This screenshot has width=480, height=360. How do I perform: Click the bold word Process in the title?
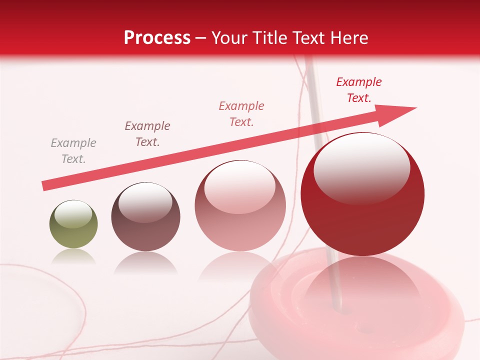(157, 38)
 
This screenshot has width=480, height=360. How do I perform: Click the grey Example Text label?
(73, 151)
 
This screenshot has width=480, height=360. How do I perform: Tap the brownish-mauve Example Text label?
(147, 134)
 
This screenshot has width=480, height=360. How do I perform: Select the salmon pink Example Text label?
(241, 113)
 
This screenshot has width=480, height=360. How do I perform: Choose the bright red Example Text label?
(359, 90)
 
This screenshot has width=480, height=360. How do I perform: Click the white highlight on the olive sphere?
(73, 214)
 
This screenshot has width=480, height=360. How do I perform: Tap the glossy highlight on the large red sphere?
(361, 167)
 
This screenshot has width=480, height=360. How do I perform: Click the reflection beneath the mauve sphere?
(145, 262)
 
